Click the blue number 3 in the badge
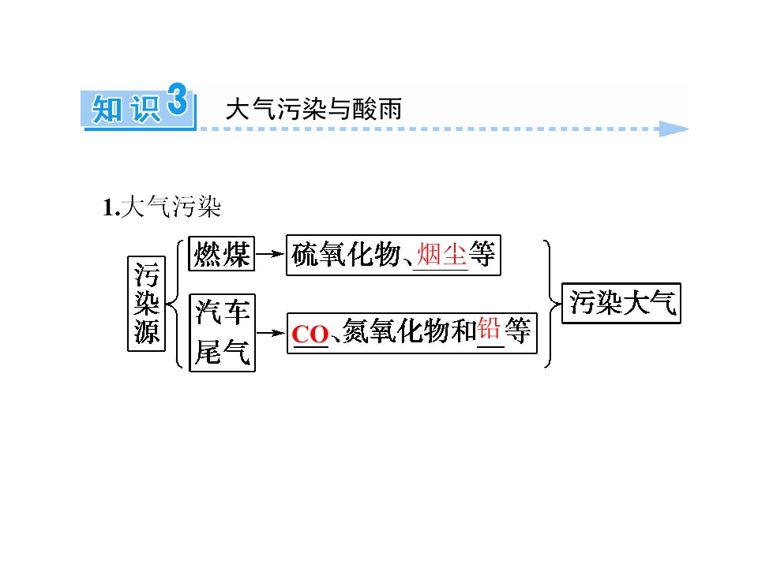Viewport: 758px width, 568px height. [177, 99]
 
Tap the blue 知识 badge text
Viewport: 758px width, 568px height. [126, 110]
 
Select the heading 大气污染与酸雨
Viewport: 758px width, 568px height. [313, 109]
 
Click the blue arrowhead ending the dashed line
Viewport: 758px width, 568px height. [674, 129]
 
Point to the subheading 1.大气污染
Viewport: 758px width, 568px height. [162, 207]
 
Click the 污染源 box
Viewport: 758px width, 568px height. [147, 304]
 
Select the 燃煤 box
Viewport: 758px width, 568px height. [221, 253]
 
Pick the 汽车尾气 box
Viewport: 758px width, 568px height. [223, 333]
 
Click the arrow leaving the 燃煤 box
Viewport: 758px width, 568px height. [270, 253]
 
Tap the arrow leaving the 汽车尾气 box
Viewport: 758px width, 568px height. [271, 333]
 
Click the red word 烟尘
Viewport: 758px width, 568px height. [441, 254]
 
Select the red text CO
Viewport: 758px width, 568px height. [310, 334]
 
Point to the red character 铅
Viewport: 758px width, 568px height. [490, 330]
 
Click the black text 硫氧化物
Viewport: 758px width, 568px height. [347, 254]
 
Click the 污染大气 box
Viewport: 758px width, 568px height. [621, 303]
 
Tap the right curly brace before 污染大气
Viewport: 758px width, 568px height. [551, 304]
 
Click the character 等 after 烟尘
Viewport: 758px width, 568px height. [482, 254]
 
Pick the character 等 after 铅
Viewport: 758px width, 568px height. [518, 331]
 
